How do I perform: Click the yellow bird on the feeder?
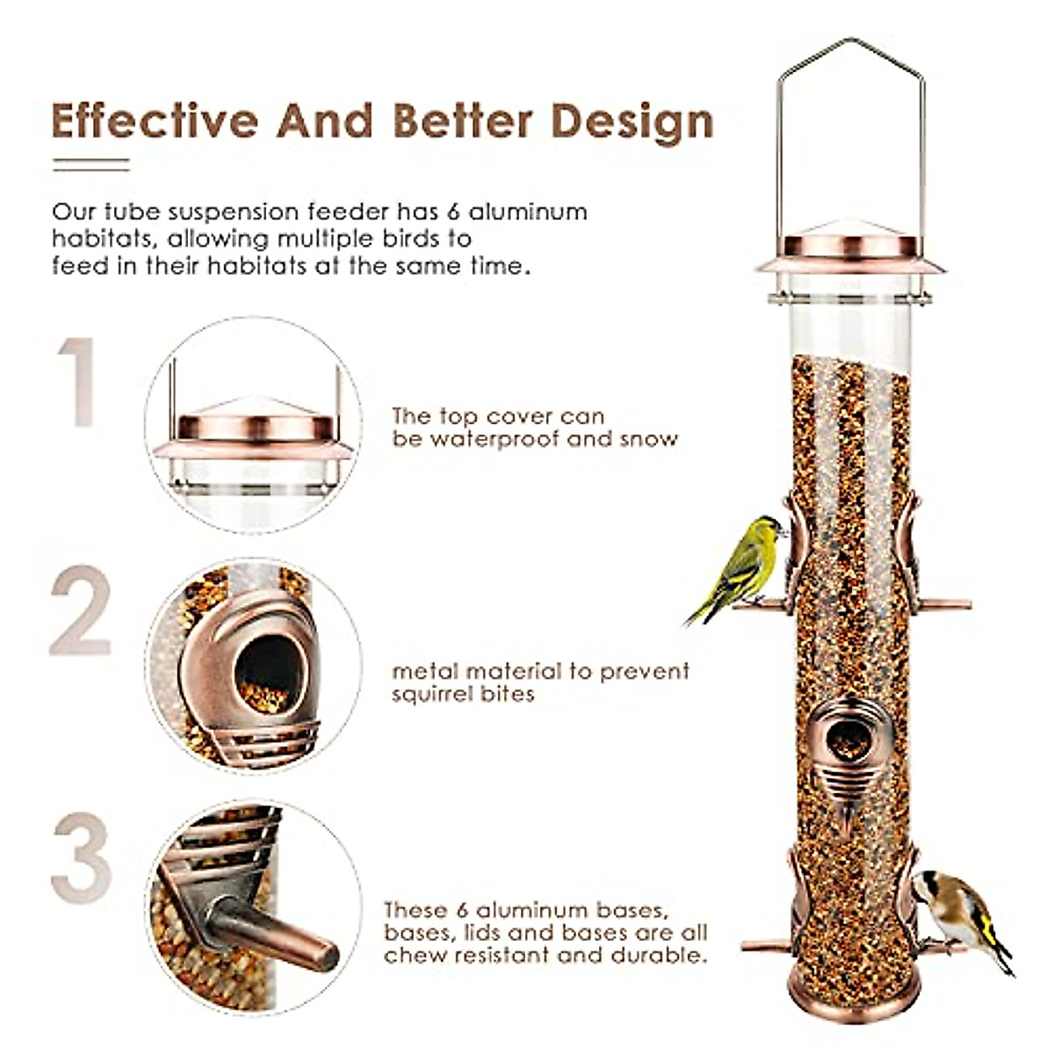pos(743,567)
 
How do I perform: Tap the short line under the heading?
pos(90,164)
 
